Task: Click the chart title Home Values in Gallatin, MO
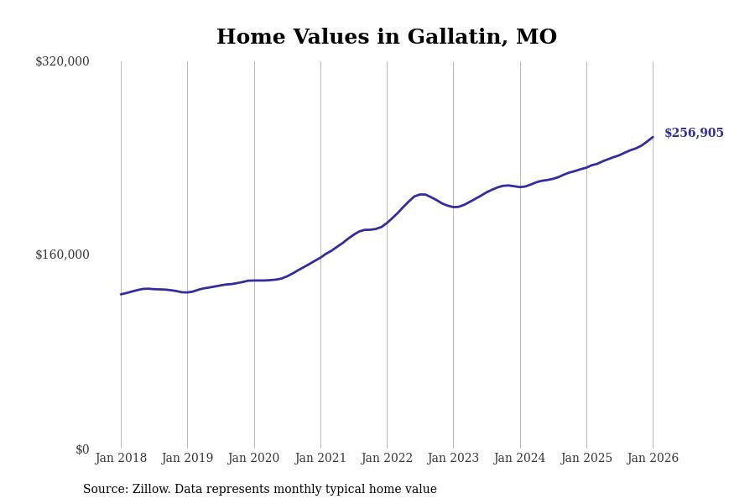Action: (386, 38)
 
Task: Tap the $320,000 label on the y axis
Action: (62, 61)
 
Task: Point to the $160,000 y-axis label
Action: (62, 255)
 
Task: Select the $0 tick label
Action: (82, 449)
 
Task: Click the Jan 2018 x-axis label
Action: (121, 459)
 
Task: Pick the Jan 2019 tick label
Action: (187, 459)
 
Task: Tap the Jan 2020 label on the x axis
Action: (253, 459)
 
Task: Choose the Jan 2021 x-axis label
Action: (320, 459)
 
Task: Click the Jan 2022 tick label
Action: (387, 459)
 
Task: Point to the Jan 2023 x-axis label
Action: (453, 459)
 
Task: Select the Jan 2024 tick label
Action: (519, 459)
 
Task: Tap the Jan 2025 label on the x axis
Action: (586, 459)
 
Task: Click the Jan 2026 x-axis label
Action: (653, 459)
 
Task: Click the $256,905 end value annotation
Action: (694, 134)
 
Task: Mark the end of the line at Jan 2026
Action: (653, 137)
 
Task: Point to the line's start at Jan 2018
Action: (121, 294)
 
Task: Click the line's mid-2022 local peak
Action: (422, 194)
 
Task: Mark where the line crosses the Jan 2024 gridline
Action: (520, 187)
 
